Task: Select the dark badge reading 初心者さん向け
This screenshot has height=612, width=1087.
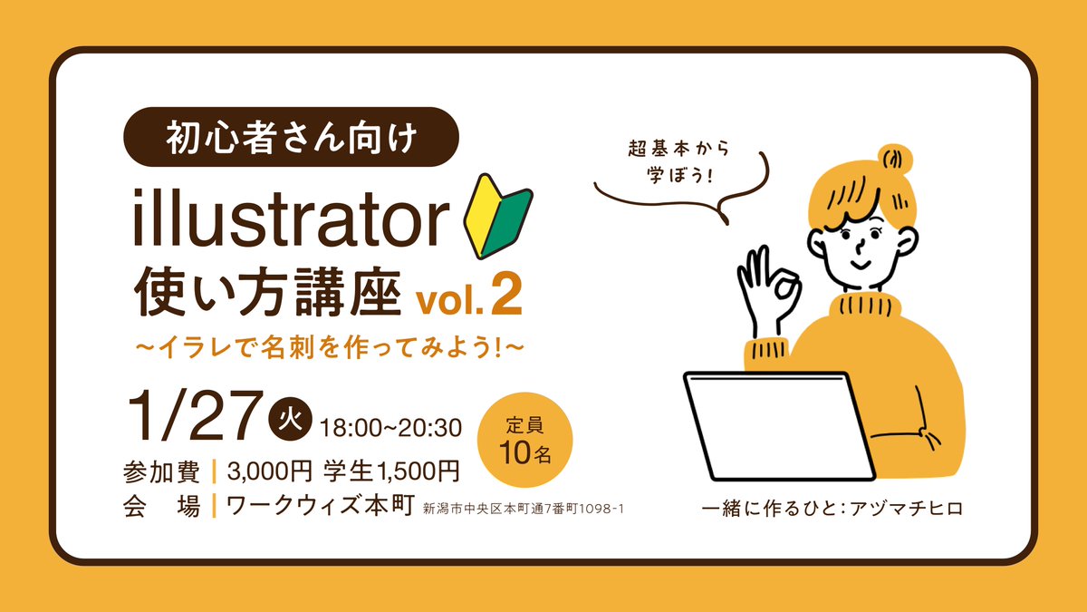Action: pos(291,139)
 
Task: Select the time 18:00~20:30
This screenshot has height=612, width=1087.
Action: pos(391,425)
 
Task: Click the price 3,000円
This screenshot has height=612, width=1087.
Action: pos(271,471)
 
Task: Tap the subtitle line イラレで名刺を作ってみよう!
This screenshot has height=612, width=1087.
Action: pos(330,346)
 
